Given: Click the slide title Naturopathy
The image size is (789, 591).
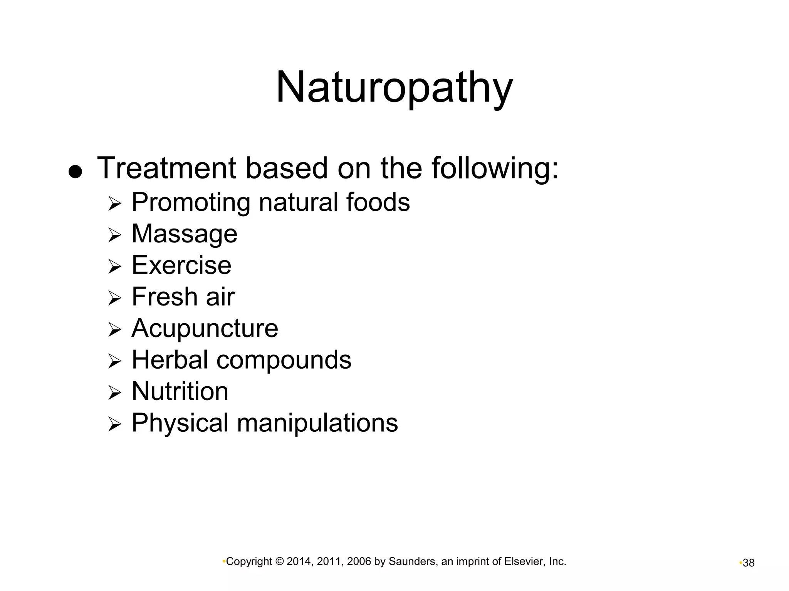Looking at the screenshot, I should click(x=394, y=88).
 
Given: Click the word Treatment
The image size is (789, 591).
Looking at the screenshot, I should click(x=166, y=168).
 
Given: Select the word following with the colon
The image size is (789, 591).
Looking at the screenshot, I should click(x=495, y=168).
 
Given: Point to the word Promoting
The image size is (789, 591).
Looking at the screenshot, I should click(x=191, y=203).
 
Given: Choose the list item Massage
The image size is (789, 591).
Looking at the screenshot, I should click(x=184, y=234).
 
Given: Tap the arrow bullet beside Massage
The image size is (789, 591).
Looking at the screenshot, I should click(x=114, y=235).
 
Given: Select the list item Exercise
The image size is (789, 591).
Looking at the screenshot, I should click(x=181, y=265).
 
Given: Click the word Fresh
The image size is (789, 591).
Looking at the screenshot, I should click(x=165, y=297).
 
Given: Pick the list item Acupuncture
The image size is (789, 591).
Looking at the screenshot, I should click(x=205, y=328).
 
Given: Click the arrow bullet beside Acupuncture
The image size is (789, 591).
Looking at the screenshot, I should click(x=114, y=329).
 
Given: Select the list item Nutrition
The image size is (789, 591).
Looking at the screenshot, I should click(x=180, y=391).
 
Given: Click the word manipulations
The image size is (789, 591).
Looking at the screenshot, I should click(x=317, y=423).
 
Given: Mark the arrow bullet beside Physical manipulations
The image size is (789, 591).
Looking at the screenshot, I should click(x=114, y=424).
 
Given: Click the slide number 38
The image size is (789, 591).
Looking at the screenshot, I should click(x=749, y=563).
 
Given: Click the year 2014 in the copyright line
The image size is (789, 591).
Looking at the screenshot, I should click(x=299, y=562).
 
